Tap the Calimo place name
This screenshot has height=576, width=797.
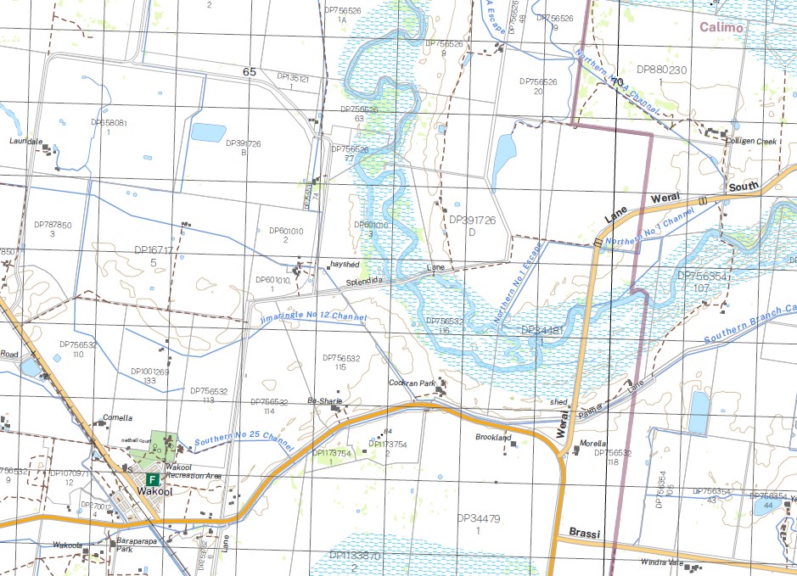(721, 27)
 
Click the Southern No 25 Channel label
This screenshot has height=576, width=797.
(244, 442)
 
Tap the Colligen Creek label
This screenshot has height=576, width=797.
(751, 142)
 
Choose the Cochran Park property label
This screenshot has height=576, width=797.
(412, 383)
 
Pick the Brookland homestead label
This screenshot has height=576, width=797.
(494, 437)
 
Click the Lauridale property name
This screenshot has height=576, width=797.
(27, 141)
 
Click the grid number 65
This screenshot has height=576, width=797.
(249, 72)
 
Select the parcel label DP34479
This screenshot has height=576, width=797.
(479, 517)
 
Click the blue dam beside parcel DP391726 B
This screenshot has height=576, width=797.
(208, 132)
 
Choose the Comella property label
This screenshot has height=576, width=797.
(117, 418)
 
